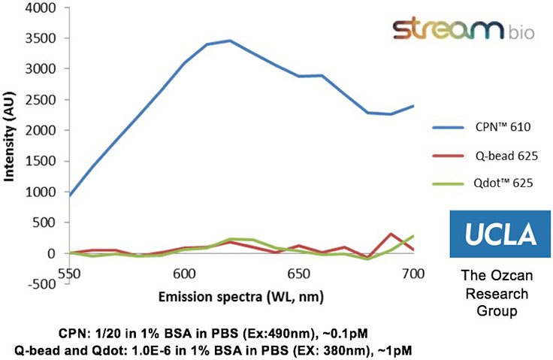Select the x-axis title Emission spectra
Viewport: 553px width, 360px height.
(240, 295)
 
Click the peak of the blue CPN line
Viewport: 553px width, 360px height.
(230, 41)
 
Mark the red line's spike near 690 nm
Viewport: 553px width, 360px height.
(391, 234)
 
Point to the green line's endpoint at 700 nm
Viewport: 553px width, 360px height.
(413, 236)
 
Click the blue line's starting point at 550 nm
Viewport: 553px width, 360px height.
(71, 195)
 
